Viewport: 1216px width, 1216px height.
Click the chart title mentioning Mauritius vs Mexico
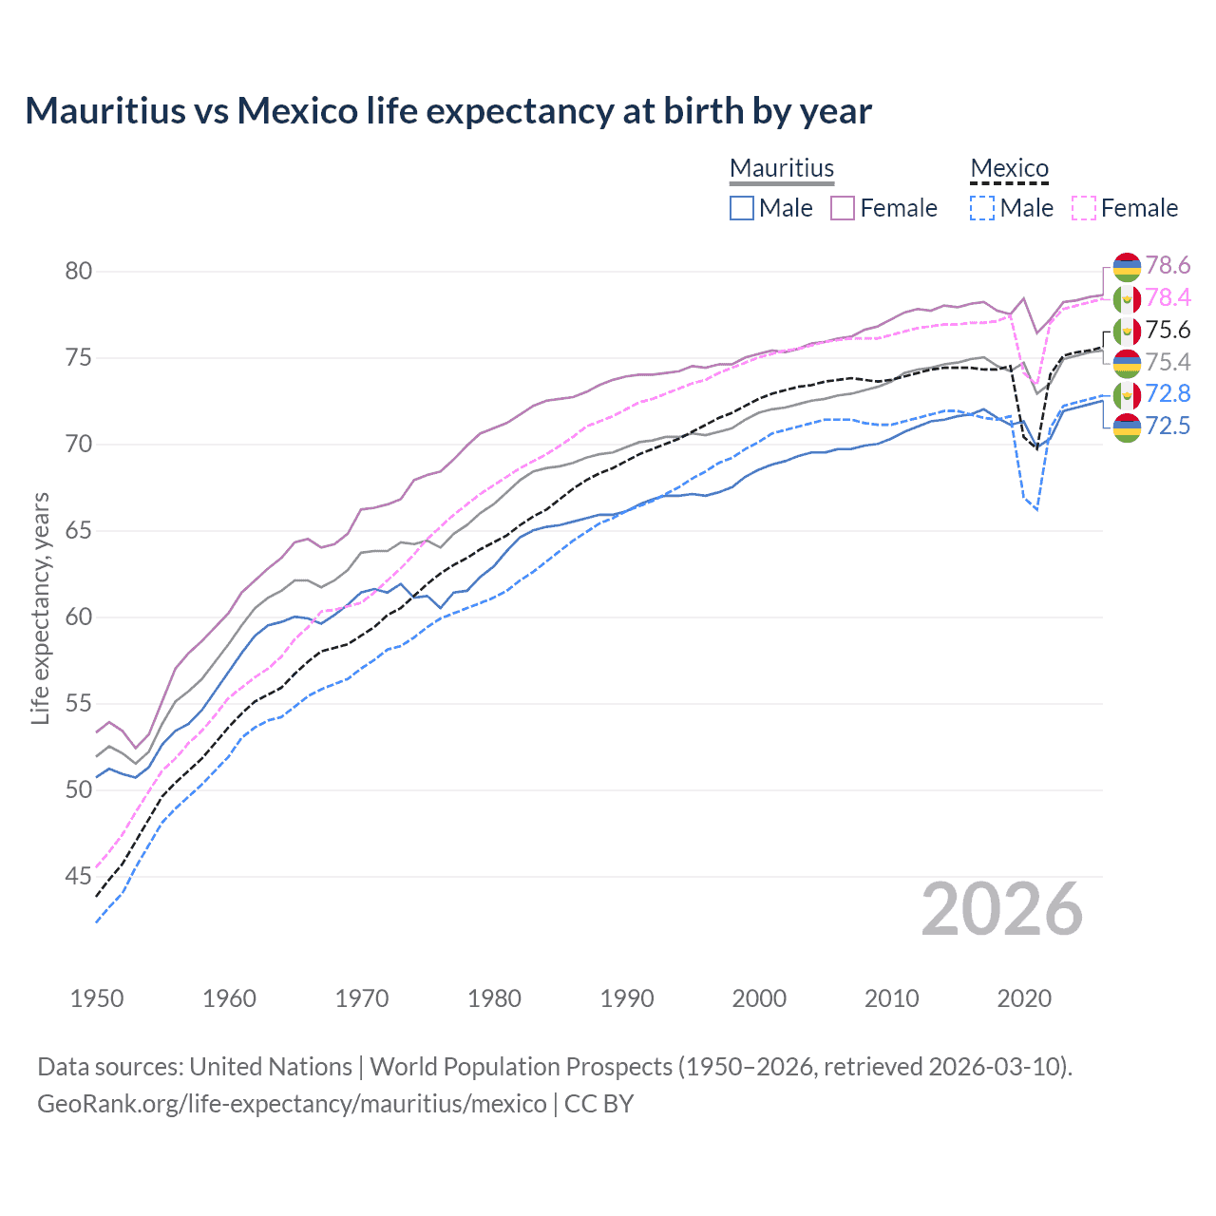(x=448, y=111)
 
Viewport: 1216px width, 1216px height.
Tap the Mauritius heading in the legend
(x=781, y=168)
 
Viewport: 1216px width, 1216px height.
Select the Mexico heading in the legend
(x=1009, y=168)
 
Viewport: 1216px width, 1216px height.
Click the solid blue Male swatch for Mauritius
(x=742, y=208)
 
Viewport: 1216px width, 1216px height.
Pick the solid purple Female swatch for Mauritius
(x=843, y=208)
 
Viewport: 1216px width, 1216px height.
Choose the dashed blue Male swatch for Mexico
(x=982, y=208)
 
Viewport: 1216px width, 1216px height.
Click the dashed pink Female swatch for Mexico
(x=1084, y=208)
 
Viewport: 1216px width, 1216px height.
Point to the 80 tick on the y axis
(x=78, y=272)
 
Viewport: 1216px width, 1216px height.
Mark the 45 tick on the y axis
(x=78, y=876)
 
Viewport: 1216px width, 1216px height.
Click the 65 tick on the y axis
(x=78, y=531)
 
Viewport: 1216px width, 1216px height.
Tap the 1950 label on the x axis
(x=97, y=998)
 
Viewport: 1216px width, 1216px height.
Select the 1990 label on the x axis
(x=627, y=998)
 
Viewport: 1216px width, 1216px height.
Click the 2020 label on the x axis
(x=1024, y=998)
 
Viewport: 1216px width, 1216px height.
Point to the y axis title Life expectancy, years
(x=40, y=608)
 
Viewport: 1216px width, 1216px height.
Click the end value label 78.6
(x=1168, y=266)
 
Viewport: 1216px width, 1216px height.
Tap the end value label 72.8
(x=1168, y=394)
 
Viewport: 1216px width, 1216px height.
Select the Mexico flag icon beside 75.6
(x=1127, y=332)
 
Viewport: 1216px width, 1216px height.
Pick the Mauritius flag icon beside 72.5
(x=1127, y=427)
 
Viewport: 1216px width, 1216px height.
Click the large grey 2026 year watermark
(x=1001, y=910)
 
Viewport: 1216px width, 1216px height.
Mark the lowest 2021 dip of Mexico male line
(x=1037, y=510)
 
